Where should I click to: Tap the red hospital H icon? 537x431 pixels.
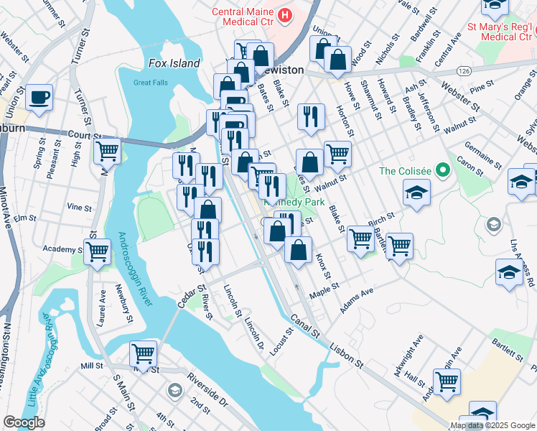pos(286,14)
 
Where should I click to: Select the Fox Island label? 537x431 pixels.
pos(174,63)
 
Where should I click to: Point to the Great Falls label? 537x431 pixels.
pos(150,82)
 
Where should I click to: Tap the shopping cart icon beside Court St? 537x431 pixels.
pos(107,151)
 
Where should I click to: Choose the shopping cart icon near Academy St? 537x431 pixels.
pos(97,251)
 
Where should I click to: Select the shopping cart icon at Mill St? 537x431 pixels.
pos(143,353)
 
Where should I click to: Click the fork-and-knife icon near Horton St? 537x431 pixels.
pos(310,116)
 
